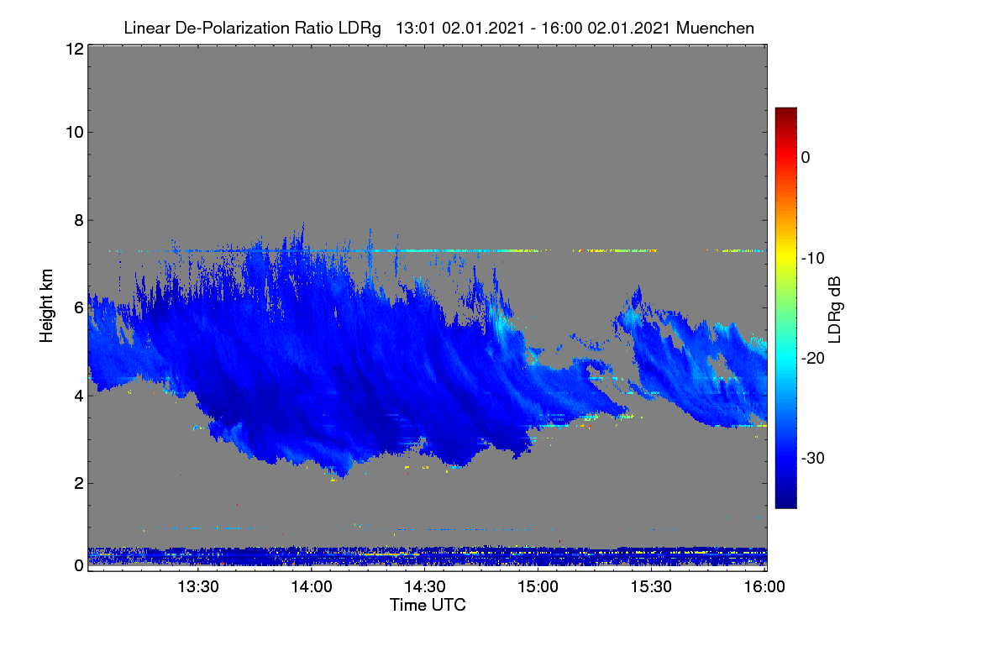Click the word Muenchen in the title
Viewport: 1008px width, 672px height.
pyautogui.click(x=715, y=29)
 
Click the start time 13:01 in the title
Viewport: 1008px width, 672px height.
pyautogui.click(x=416, y=29)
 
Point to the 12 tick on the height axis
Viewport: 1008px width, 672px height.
pyautogui.click(x=75, y=49)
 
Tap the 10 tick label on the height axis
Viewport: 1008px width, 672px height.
pyautogui.click(x=75, y=133)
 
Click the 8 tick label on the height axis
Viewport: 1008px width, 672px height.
pyautogui.click(x=79, y=220)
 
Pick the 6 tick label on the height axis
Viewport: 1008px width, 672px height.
pyautogui.click(x=79, y=308)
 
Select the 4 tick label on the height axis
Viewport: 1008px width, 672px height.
pyautogui.click(x=79, y=396)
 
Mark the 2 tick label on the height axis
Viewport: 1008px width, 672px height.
pyautogui.click(x=79, y=483)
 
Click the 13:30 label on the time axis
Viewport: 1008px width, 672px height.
pyautogui.click(x=198, y=586)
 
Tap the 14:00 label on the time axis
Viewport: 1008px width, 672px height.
pyautogui.click(x=312, y=586)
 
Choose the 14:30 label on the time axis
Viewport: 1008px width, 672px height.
pyautogui.click(x=425, y=586)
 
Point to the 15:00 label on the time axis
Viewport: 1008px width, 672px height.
pyautogui.click(x=538, y=586)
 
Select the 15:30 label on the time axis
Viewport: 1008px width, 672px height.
pyautogui.click(x=651, y=586)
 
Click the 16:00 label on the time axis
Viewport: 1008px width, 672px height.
pyautogui.click(x=764, y=586)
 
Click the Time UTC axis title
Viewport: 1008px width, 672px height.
pyautogui.click(x=428, y=605)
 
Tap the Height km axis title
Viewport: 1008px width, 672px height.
pyautogui.click(x=46, y=306)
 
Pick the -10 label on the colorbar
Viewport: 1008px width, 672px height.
pyautogui.click(x=813, y=259)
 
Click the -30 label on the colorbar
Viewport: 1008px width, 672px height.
pyautogui.click(x=813, y=458)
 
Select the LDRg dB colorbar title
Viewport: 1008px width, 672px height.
pyautogui.click(x=835, y=310)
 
